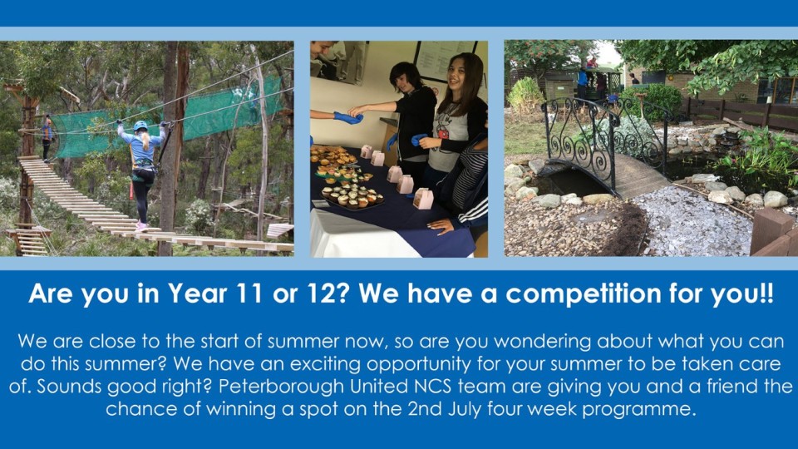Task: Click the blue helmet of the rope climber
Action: click(140, 126)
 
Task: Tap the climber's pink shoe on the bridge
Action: click(141, 226)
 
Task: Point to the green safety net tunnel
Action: click(168, 122)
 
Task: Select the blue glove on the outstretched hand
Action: click(348, 117)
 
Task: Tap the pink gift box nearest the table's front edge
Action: click(423, 199)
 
